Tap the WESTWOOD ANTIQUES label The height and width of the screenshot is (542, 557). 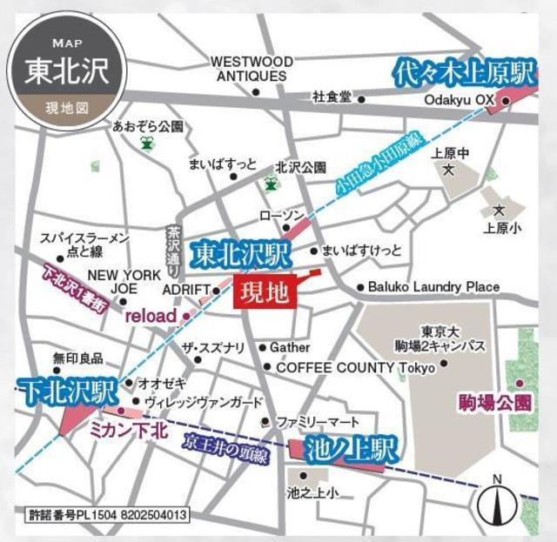coord(251,69)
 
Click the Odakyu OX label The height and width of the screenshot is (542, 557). coord(459,101)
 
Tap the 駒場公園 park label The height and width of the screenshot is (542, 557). coord(494,403)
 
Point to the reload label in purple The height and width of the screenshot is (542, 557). coord(151,315)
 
